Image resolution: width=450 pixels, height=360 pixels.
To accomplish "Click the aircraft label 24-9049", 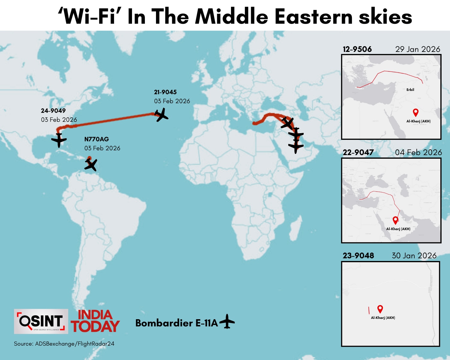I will click(53, 111).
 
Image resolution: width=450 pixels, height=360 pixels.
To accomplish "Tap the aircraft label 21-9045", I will click(165, 92).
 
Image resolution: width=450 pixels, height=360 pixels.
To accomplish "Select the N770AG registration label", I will click(97, 139).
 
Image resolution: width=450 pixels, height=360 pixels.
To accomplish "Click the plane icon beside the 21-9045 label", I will click(161, 115).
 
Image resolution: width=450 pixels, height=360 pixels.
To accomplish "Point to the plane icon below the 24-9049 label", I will click(59, 140).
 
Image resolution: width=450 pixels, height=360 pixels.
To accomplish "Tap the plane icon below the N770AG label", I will click(91, 164).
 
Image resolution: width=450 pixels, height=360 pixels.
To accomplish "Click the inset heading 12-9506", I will click(357, 49).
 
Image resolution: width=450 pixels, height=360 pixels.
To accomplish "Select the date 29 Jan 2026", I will click(418, 49).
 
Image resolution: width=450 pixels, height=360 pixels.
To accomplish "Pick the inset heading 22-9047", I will click(358, 152).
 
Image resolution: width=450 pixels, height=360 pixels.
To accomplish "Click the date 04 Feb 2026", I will click(418, 152).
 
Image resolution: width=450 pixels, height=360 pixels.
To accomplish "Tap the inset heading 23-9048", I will click(358, 256).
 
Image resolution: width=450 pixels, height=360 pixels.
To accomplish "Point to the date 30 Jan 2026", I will click(414, 256).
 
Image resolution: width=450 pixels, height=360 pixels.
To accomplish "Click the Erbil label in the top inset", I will click(410, 90).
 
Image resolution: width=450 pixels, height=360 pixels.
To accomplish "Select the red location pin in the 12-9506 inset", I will click(415, 112).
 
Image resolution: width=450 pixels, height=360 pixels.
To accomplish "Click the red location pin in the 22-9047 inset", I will click(395, 220).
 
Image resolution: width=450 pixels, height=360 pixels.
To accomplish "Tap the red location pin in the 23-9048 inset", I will click(380, 309).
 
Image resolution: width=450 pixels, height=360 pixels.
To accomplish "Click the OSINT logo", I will click(41, 321).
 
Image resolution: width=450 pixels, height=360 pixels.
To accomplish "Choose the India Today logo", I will click(95, 321).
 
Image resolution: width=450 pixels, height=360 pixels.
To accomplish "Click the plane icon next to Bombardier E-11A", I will click(227, 322).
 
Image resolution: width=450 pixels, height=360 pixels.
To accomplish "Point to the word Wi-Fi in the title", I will click(90, 16).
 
